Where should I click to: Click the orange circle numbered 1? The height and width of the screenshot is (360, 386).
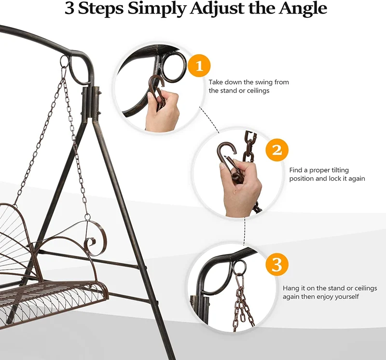pyautogui.click(x=199, y=66)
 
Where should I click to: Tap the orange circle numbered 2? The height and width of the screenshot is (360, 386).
pyautogui.click(x=277, y=150)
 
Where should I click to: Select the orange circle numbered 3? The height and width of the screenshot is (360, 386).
pyautogui.click(x=277, y=265)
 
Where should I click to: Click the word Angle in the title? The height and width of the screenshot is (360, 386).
pyautogui.click(x=303, y=9)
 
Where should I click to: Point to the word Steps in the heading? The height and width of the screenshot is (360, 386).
pyautogui.click(x=101, y=9)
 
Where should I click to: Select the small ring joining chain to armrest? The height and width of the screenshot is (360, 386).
pyautogui.click(x=87, y=217)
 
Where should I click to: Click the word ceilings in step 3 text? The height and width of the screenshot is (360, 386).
pyautogui.click(x=365, y=288)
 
